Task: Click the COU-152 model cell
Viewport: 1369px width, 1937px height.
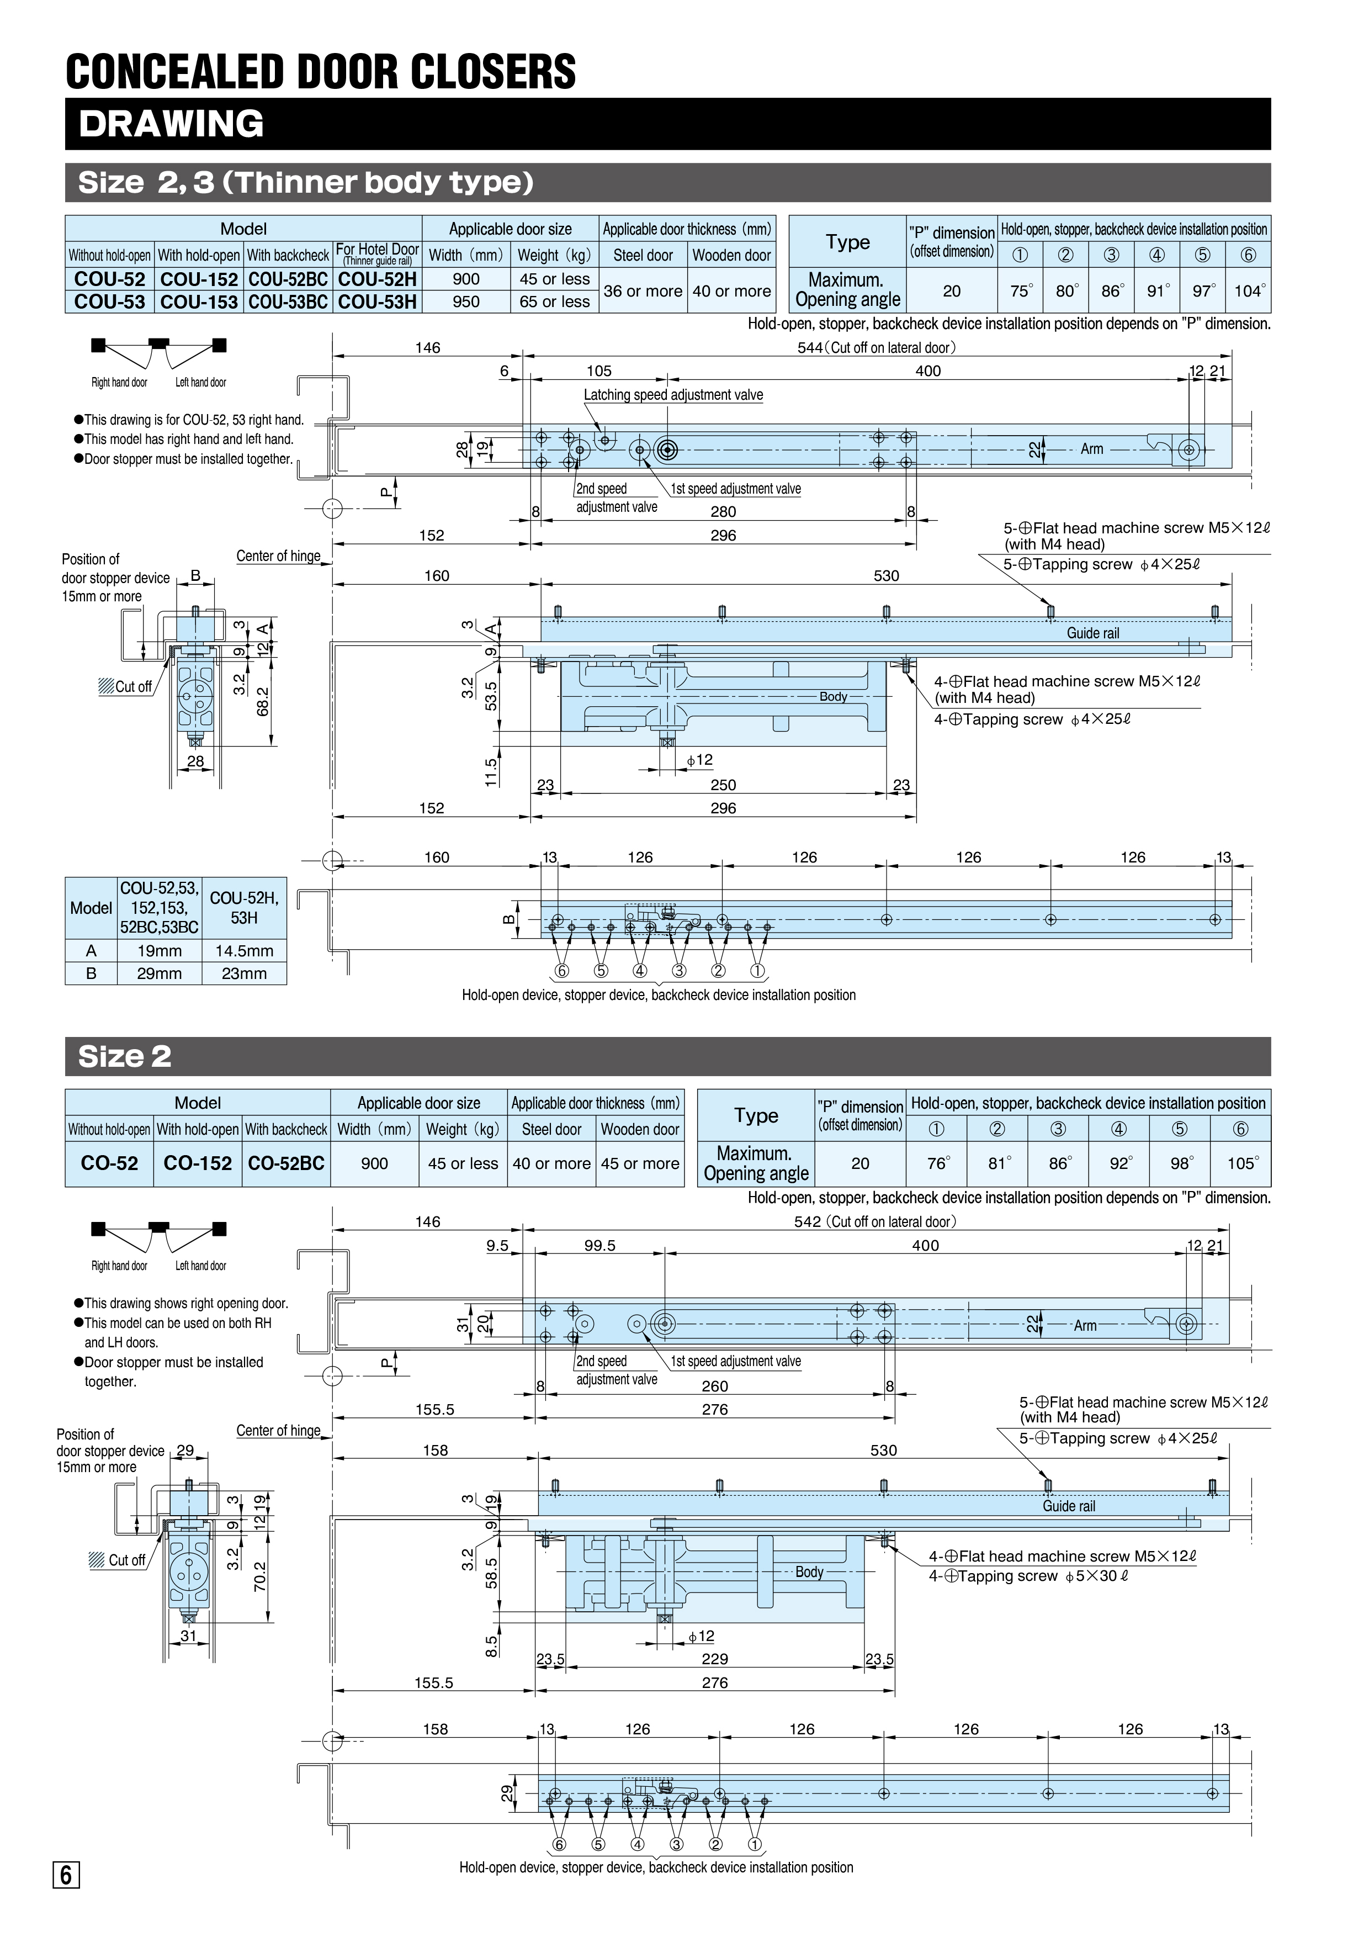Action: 199,279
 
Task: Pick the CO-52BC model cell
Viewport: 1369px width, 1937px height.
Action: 286,1163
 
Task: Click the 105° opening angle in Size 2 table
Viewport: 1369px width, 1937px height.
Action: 1241,1163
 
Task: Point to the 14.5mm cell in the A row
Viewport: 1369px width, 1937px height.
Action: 244,951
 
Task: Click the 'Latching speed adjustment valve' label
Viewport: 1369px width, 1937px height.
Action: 673,395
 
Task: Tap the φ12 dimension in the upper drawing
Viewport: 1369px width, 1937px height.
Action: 699,760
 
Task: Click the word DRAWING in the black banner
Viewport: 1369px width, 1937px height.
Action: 171,124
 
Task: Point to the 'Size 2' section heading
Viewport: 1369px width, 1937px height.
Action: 125,1056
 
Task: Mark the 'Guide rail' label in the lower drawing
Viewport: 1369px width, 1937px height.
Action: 1069,1506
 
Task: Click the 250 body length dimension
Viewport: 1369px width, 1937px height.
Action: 723,785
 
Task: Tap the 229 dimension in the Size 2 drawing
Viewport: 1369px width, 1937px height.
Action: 714,1659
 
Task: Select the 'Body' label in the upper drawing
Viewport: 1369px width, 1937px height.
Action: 834,697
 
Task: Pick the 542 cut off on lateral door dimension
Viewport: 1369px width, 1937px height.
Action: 875,1221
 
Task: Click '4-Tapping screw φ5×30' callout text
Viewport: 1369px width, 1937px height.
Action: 1029,1576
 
